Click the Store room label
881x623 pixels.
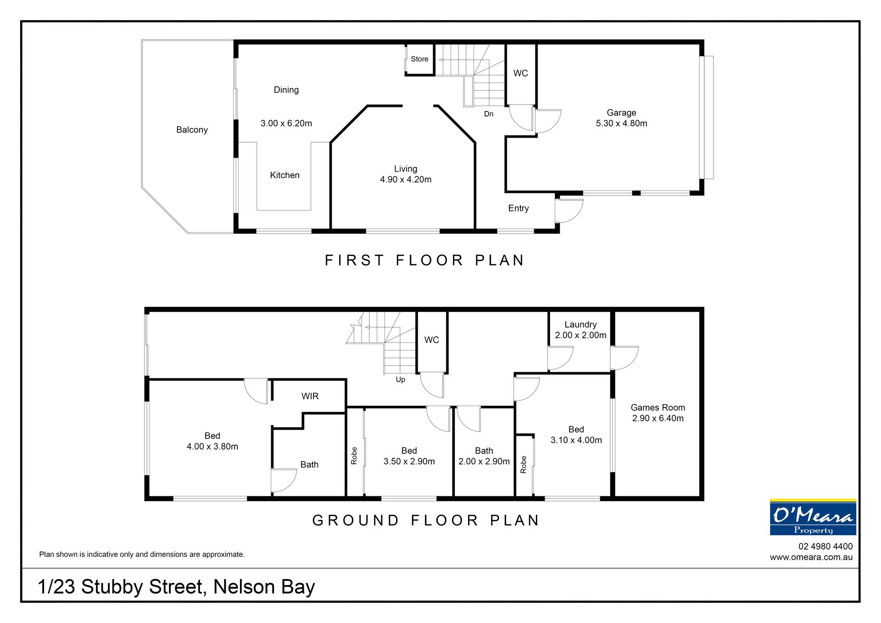[419, 59]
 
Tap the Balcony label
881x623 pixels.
[192, 130]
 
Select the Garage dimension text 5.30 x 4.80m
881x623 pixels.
[621, 123]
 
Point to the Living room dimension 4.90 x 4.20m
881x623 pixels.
[406, 180]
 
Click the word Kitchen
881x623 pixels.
[284, 175]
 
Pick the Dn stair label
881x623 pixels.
[489, 114]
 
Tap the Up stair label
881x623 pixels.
[401, 380]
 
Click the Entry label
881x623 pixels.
[519, 209]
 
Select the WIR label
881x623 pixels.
[310, 396]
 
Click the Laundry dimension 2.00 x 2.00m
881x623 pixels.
[580, 335]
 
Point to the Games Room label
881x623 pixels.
[658, 407]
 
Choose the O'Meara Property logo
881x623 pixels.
[813, 517]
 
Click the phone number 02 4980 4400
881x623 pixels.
[825, 546]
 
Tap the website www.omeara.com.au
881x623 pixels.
[811, 557]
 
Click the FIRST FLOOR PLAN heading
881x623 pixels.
[424, 261]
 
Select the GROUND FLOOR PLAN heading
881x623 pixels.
[426, 520]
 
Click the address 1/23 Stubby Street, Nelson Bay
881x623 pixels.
[176, 587]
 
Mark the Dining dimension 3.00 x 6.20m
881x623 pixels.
[286, 123]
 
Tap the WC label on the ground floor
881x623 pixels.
[431, 340]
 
